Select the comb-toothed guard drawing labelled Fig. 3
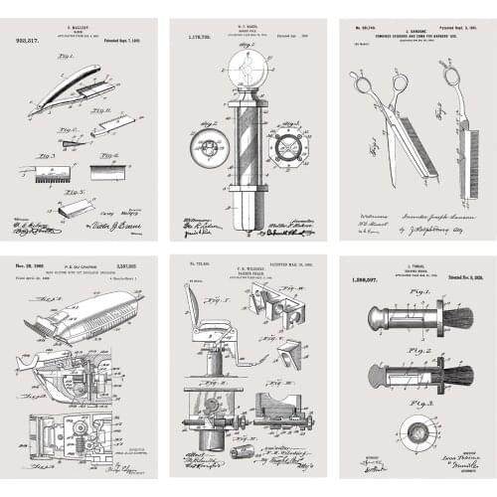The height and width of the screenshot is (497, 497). tap(51, 173)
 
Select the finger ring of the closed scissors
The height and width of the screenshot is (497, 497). tap(451, 77)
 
